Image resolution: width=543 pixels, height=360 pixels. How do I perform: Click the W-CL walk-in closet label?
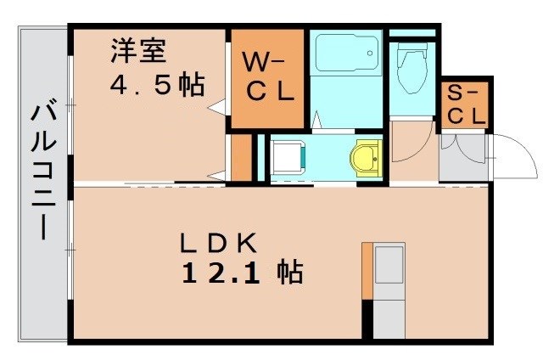[x=269, y=77]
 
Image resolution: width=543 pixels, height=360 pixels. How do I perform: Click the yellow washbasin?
[x=367, y=157]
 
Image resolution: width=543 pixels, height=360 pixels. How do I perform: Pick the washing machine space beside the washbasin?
[x=288, y=158]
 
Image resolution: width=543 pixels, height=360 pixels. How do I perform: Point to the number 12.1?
[x=224, y=273]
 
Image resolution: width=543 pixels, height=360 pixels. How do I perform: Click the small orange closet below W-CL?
[x=242, y=156]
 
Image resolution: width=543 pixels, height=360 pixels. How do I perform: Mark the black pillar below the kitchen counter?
[x=367, y=320]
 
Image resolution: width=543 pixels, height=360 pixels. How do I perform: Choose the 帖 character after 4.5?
[x=193, y=86]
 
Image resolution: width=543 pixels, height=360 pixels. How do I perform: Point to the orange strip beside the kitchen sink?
[x=367, y=271]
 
